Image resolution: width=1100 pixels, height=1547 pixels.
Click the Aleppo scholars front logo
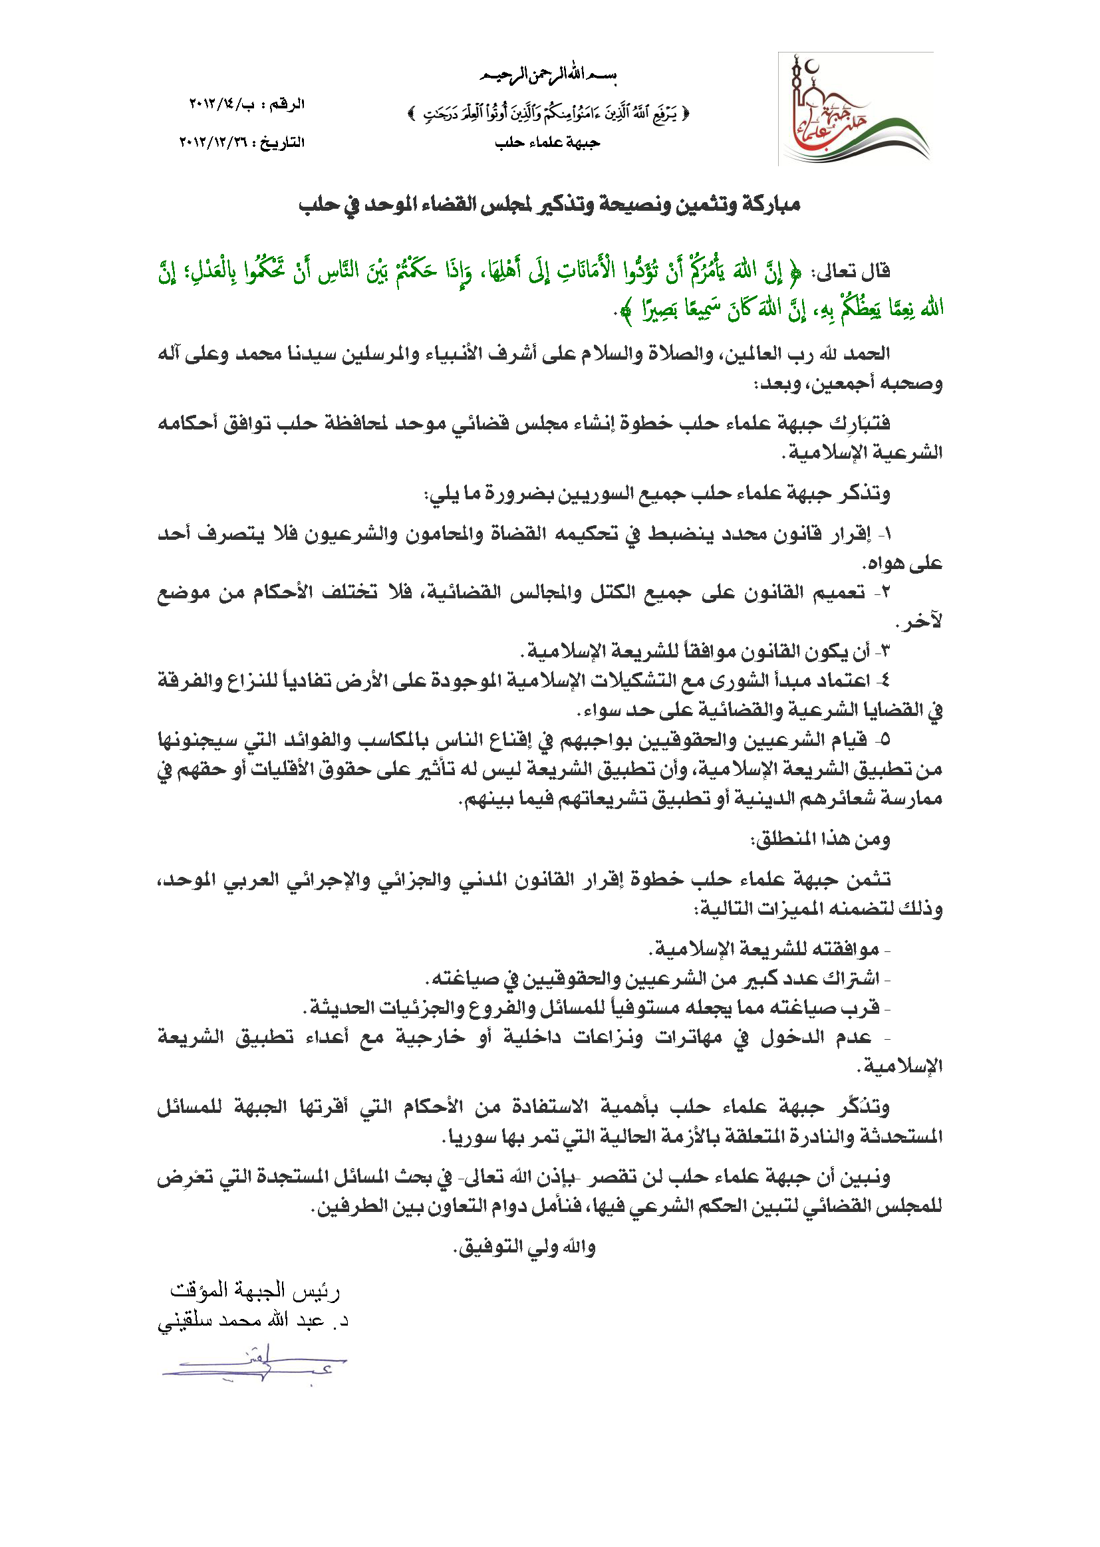coord(855,110)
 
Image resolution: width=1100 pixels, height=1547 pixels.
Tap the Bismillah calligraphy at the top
coord(548,74)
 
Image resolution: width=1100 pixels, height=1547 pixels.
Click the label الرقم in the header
coord(287,104)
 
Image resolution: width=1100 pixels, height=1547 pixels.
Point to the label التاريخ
coord(282,143)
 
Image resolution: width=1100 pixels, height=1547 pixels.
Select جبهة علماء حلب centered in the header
coord(547,143)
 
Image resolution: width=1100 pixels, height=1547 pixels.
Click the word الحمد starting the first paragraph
coord(867,354)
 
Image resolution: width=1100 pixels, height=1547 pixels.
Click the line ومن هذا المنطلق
coord(819,840)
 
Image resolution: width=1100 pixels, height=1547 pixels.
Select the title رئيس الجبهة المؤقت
coord(255,1291)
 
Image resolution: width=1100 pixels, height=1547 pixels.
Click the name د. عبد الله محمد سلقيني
coord(253,1321)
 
